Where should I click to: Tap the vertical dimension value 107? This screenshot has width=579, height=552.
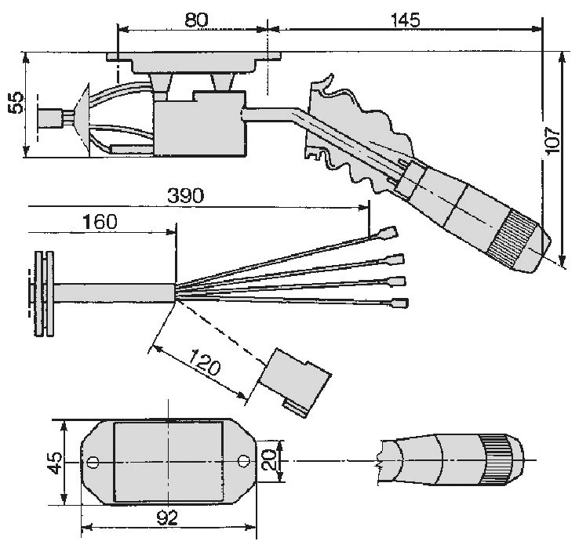[x=553, y=142]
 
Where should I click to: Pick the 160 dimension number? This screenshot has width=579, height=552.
[x=100, y=222]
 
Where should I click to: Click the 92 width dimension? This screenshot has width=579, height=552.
[x=167, y=517]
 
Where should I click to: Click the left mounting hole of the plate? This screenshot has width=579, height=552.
[x=93, y=462]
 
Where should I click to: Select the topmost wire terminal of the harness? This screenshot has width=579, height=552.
[x=389, y=232]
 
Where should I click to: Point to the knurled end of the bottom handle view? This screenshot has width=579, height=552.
[x=500, y=458]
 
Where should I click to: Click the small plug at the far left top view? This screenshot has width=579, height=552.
[x=53, y=118]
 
